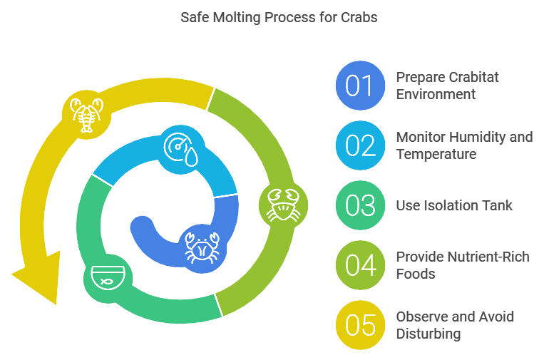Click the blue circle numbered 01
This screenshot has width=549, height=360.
[x=360, y=86]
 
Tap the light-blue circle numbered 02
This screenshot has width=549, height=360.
[x=360, y=145]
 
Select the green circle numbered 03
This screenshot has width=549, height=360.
[x=360, y=205]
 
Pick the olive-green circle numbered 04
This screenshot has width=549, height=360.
[x=360, y=264]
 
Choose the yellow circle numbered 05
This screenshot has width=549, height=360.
[x=360, y=324]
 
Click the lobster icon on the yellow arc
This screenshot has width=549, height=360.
[x=87, y=113]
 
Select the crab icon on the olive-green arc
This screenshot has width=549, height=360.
[x=282, y=204]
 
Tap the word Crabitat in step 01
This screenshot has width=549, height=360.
[x=471, y=77]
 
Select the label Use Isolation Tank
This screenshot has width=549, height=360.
[x=454, y=205]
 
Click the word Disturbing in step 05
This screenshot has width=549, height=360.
[x=428, y=334]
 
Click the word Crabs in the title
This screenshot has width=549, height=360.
[x=359, y=17]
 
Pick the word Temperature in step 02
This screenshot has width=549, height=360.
[x=436, y=154]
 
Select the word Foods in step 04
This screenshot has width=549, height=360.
[x=416, y=274]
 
